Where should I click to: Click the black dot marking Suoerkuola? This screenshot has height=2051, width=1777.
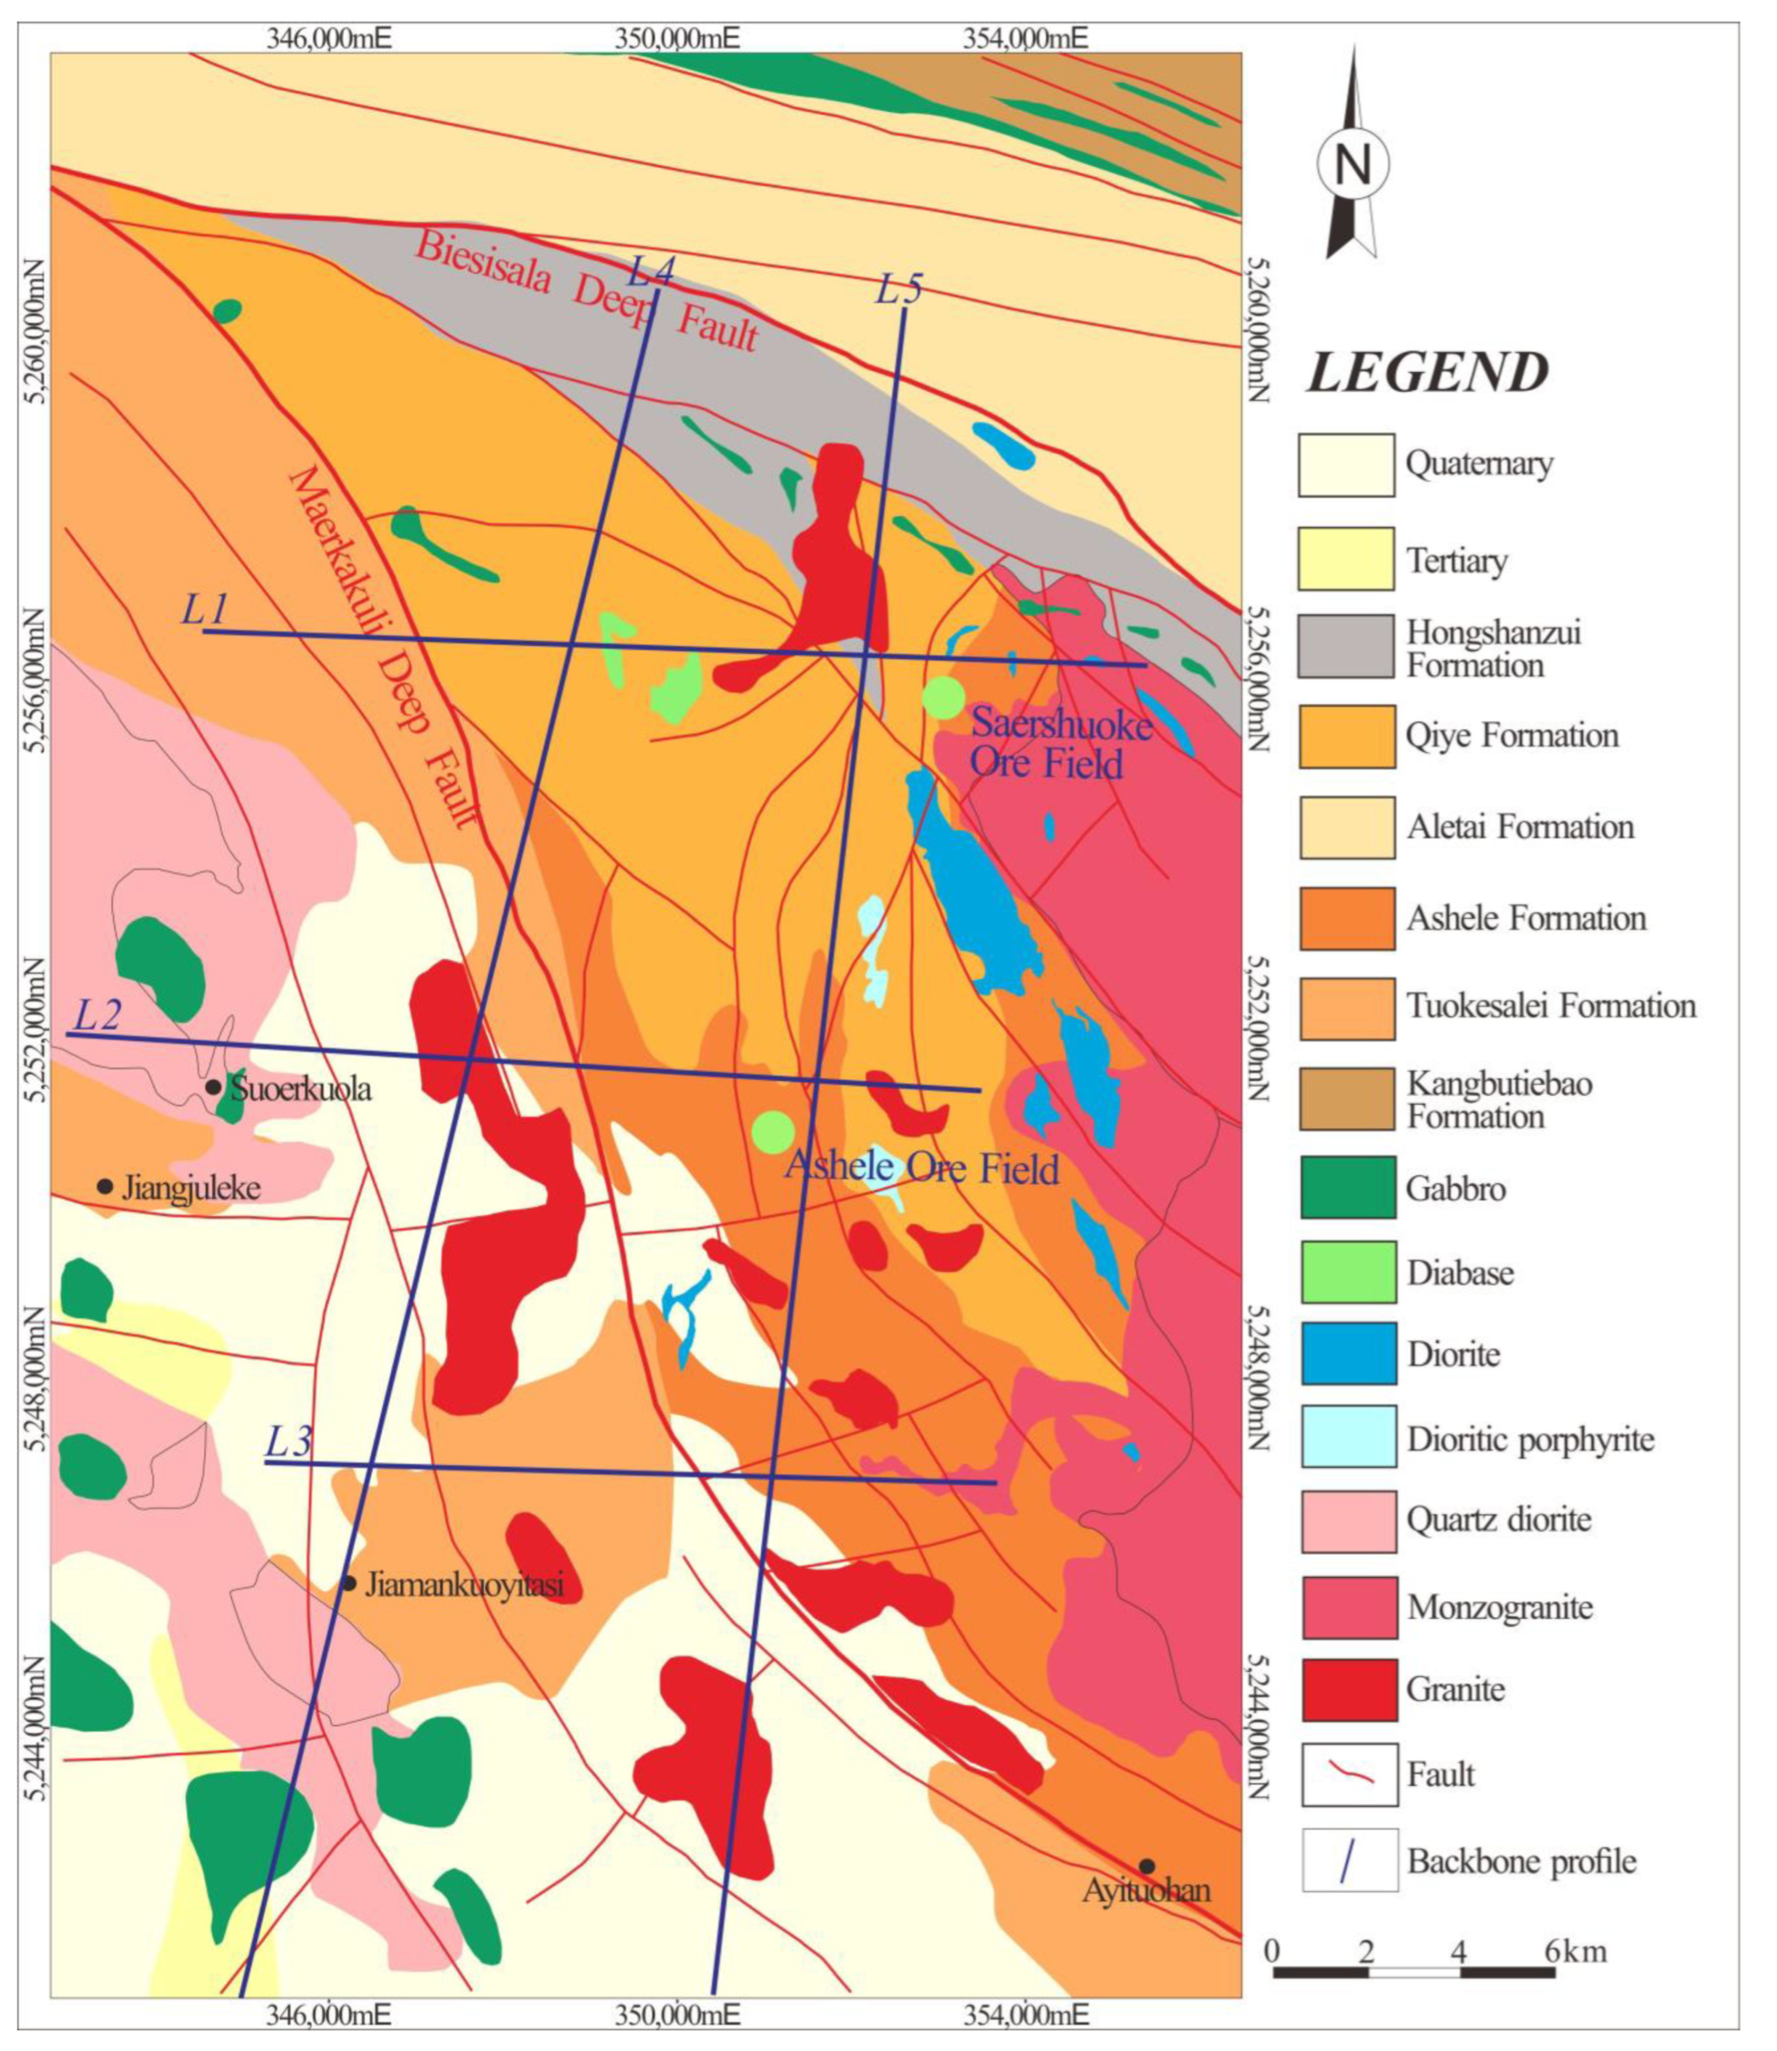click(213, 1086)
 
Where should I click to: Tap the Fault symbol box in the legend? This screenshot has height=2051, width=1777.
click(1348, 1775)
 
